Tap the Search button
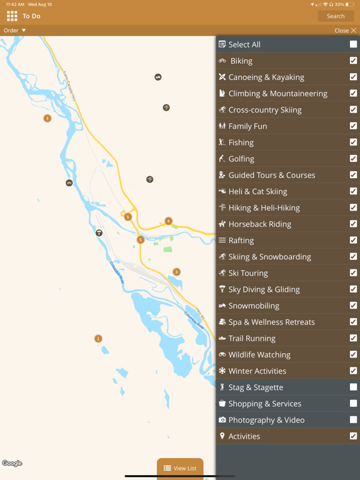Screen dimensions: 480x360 336,16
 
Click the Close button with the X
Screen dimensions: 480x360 346,30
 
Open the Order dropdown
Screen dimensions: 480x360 15,30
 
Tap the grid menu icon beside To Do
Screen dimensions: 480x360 12,16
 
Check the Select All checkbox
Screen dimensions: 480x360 353,44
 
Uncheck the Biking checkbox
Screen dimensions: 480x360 353,61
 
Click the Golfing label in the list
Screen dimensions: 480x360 241,159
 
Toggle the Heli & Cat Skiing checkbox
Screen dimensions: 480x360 353,191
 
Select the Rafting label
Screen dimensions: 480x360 241,241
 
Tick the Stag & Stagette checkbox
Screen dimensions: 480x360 353,387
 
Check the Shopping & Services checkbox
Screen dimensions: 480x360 353,404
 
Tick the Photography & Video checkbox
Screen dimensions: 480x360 353,420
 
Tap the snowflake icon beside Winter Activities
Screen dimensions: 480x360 222,371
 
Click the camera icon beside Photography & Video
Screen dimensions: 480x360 222,420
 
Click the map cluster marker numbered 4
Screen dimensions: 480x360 168,221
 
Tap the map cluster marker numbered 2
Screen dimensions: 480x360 98,339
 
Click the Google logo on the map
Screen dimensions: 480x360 12,463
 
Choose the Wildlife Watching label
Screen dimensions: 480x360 260,355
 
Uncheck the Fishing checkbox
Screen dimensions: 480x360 353,142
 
